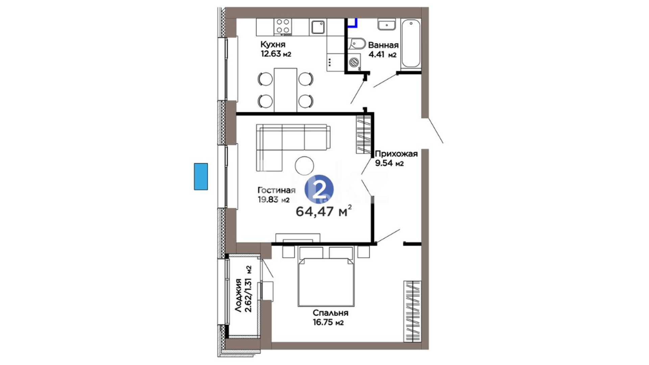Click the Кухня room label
click(x=273, y=44)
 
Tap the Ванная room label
click(x=383, y=45)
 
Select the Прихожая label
click(x=396, y=154)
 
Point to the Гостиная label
click(x=277, y=190)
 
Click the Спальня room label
click(x=330, y=313)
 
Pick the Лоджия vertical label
click(x=238, y=295)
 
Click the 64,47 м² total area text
click(x=324, y=211)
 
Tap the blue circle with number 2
click(x=319, y=190)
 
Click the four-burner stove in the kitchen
click(x=283, y=27)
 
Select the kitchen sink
click(x=318, y=27)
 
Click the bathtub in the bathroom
click(x=411, y=43)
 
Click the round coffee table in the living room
click(x=304, y=166)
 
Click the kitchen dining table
click(x=285, y=90)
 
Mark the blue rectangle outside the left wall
click(x=201, y=176)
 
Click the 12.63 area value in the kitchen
click(x=271, y=54)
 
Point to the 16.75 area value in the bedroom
click(x=323, y=322)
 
